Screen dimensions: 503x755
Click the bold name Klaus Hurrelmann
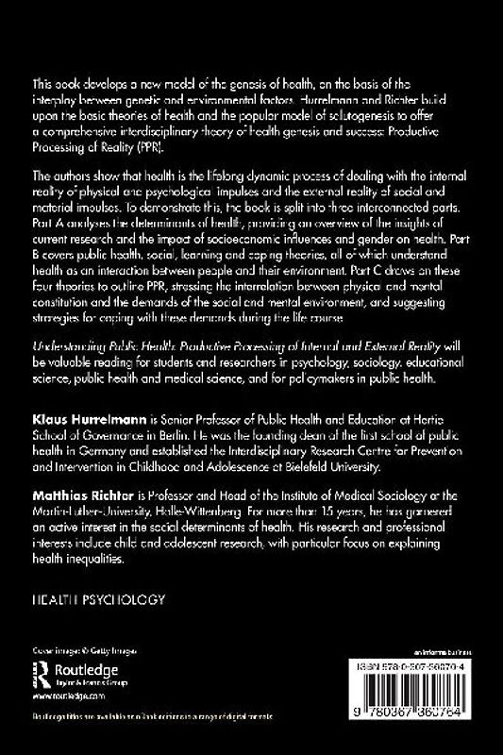[x=78, y=416]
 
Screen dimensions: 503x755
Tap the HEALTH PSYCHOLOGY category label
[x=99, y=598]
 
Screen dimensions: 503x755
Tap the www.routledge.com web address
[x=67, y=694]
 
